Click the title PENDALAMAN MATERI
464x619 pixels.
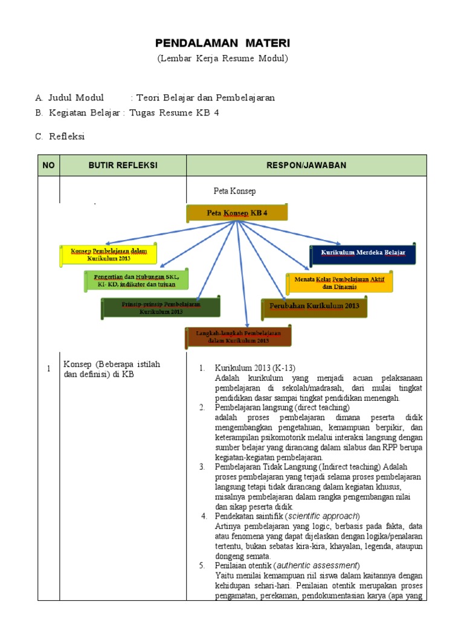222,43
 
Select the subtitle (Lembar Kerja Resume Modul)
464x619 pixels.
222,59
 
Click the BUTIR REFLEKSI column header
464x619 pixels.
123,166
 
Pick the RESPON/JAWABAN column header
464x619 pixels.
306,166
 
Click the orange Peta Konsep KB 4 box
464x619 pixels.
237,213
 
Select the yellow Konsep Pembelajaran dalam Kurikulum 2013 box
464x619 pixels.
109,254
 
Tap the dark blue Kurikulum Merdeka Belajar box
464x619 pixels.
362,251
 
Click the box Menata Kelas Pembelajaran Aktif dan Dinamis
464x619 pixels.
339,282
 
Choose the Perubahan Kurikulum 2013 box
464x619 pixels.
314,306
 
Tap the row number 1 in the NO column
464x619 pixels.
48,369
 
